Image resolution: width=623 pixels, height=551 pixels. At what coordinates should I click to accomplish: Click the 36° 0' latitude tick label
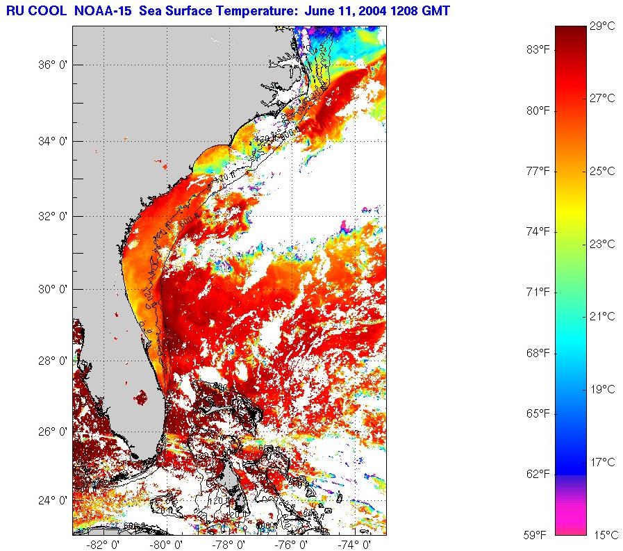[x=52, y=65]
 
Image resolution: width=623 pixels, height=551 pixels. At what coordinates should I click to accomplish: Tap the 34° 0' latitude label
[x=52, y=141]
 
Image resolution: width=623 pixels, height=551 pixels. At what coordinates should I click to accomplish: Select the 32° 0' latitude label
[x=52, y=216]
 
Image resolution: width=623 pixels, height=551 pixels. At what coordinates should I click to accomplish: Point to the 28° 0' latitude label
[x=52, y=360]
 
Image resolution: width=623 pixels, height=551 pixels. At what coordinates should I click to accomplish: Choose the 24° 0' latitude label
[x=52, y=500]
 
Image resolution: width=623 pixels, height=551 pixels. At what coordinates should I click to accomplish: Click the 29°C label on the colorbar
[x=602, y=26]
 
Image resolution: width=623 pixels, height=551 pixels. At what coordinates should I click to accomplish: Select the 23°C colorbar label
[x=602, y=244]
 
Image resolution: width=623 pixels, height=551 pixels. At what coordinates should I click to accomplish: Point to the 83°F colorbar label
[x=537, y=50]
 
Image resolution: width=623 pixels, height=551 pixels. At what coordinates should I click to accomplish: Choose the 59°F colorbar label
[x=537, y=535]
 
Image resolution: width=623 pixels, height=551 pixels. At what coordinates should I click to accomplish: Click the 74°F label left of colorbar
[x=537, y=231]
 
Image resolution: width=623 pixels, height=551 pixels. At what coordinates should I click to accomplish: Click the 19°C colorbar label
[x=602, y=389]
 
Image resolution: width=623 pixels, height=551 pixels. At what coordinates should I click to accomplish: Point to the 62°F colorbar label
[x=537, y=475]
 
